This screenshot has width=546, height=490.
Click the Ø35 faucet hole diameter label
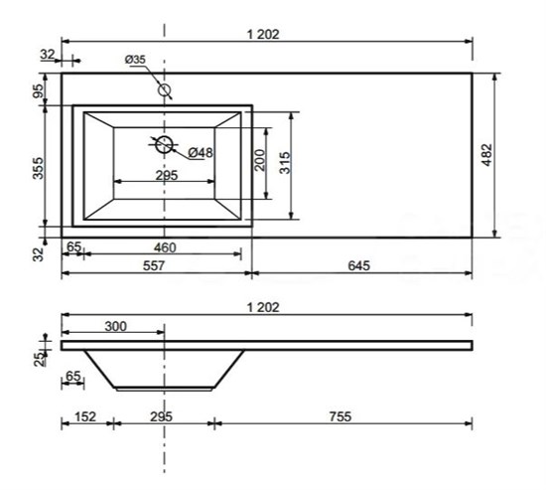(x=135, y=60)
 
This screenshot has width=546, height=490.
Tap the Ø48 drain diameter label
(x=201, y=152)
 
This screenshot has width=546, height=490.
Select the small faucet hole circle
(x=164, y=90)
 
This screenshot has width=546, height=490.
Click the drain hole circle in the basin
(x=164, y=144)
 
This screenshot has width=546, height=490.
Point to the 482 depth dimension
(x=486, y=155)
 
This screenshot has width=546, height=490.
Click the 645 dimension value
(x=358, y=265)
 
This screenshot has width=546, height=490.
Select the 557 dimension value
(x=154, y=265)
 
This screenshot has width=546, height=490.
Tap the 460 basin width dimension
(x=165, y=247)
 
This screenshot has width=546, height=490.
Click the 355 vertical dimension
(x=39, y=168)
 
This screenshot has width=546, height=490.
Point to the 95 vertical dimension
(x=39, y=91)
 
